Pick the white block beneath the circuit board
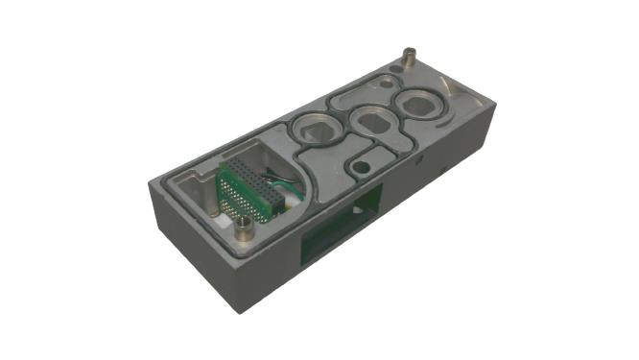[227, 222]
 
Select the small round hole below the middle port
[359, 166]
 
